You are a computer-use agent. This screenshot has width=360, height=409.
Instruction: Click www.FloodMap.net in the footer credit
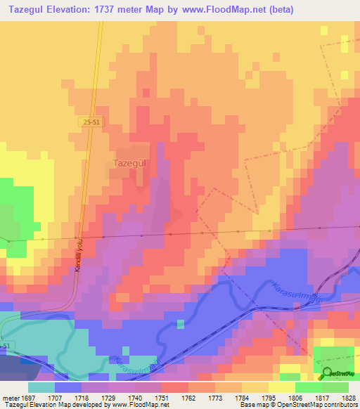pyautogui.click(x=144, y=405)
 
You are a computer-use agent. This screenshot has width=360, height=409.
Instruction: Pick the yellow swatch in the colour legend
pyautogui.click(x=282, y=387)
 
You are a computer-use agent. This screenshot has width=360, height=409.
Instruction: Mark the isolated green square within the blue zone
pyautogui.click(x=181, y=324)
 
